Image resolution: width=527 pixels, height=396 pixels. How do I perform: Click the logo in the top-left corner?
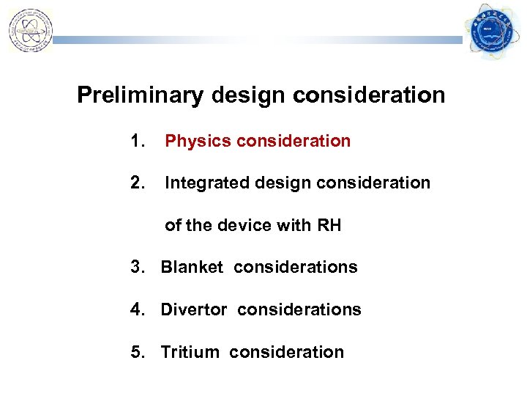point(30,30)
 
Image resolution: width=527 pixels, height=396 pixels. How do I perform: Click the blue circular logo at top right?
point(491,32)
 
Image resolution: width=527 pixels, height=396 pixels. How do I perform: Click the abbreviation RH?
point(329,226)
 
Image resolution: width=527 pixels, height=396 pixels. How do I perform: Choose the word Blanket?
point(191,268)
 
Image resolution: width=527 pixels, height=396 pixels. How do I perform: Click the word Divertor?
point(194,310)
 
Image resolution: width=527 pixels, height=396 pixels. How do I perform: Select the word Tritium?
point(190,353)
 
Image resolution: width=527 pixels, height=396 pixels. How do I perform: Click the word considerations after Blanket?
point(296,268)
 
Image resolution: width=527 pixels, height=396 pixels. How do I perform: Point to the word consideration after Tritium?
point(286,353)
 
